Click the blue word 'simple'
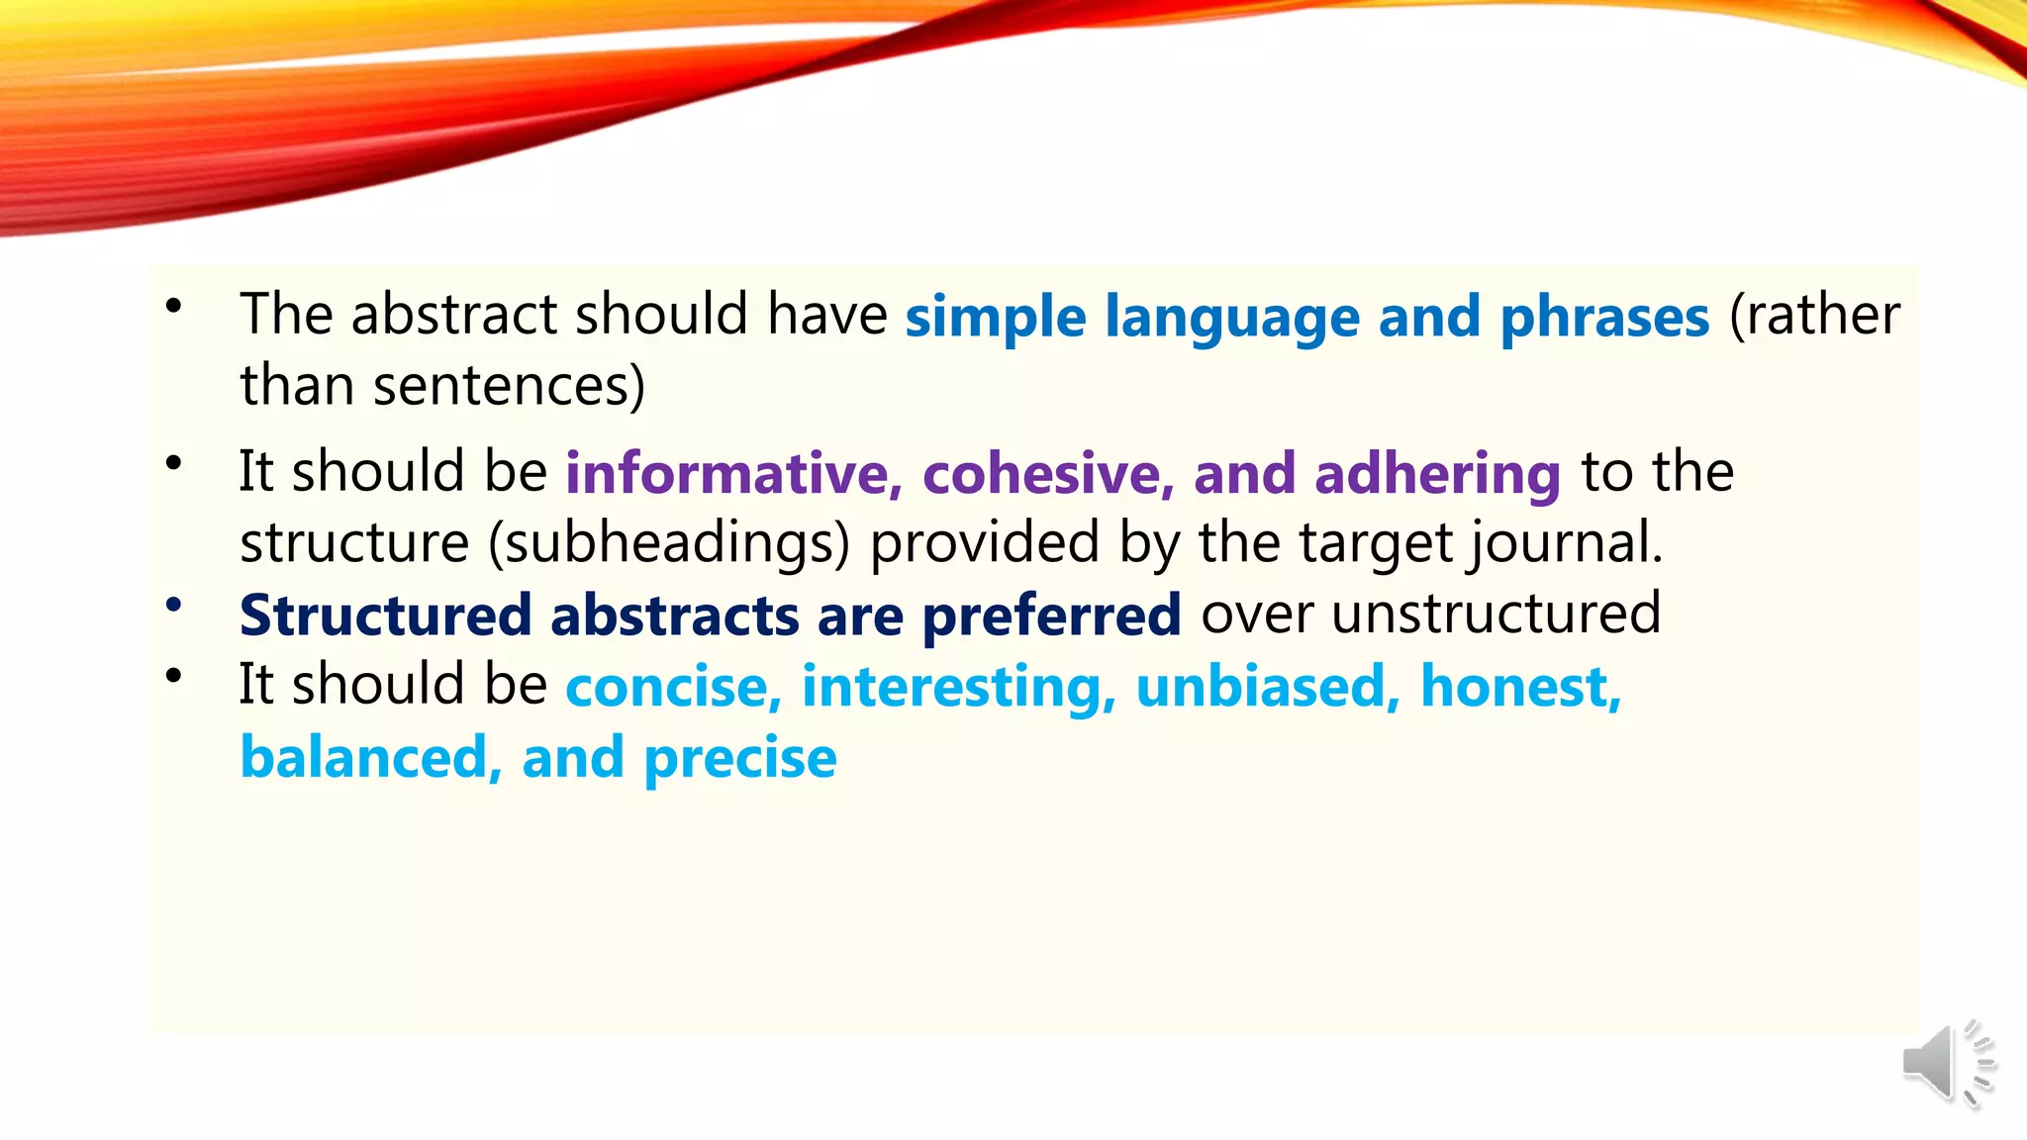pos(995,318)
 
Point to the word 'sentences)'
pos(509,386)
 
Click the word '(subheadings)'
pos(669,544)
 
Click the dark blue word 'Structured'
pos(386,616)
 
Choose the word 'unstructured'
pos(1496,614)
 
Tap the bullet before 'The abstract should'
pos(174,306)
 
